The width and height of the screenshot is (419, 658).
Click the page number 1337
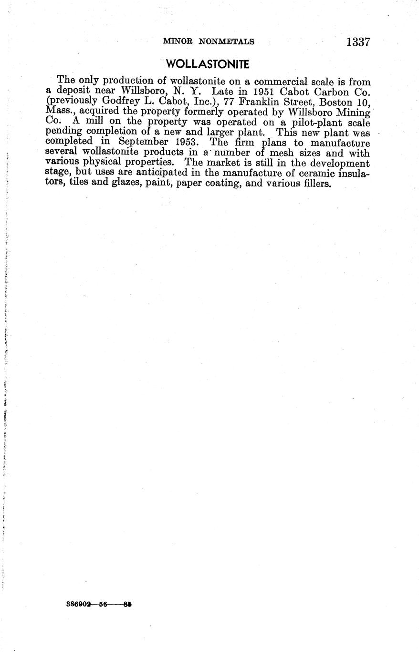point(358,42)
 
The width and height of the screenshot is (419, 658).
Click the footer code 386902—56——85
point(99,604)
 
